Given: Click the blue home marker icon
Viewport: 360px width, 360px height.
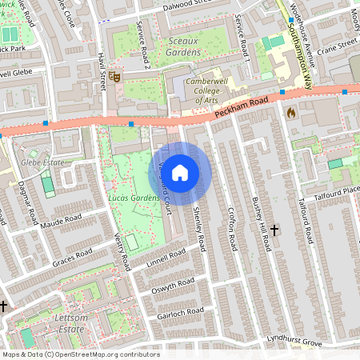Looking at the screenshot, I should coord(180,173).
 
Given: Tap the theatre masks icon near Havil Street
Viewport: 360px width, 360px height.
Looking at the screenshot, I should coord(115,78).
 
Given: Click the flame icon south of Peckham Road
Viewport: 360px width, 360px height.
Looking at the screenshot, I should coord(290,113).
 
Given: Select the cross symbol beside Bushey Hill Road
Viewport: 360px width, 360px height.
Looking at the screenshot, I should coord(274,230).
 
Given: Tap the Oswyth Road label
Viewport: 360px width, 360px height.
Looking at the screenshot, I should coord(174,284).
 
